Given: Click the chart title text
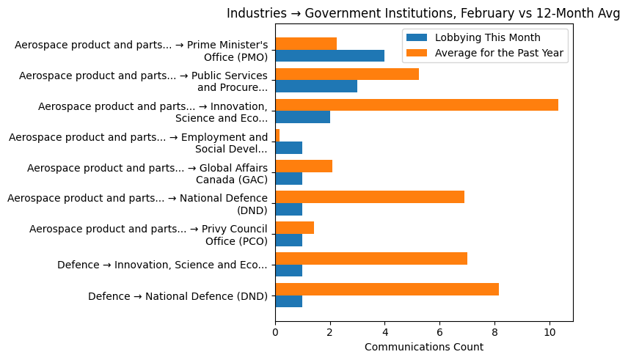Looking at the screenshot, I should (x=423, y=13).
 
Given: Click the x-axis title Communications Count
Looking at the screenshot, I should (x=423, y=346).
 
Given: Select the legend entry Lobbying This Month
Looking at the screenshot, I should (x=487, y=38).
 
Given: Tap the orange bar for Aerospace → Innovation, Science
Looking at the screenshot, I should (x=416, y=105).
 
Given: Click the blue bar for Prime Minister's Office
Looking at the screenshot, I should (x=329, y=56).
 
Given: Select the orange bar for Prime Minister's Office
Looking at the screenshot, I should (x=306, y=43).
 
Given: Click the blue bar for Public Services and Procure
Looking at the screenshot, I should (x=316, y=87).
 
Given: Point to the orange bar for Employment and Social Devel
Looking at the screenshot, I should (x=277, y=136).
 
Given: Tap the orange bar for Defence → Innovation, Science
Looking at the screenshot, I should (x=371, y=258).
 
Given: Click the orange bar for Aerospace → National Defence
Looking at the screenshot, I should (x=370, y=197).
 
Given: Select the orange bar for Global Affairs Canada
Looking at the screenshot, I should (x=304, y=166).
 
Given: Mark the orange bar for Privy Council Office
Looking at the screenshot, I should (x=294, y=228).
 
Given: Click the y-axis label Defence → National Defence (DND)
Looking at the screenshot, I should (x=178, y=296).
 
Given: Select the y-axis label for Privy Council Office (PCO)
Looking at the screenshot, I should (x=148, y=235).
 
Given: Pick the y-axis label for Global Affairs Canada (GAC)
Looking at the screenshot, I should (x=147, y=173).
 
